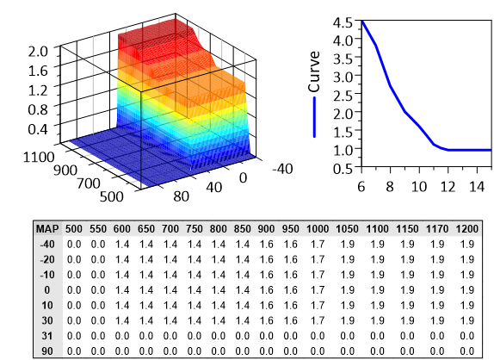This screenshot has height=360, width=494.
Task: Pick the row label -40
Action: (x=46, y=245)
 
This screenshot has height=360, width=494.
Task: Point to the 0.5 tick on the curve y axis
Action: (x=343, y=168)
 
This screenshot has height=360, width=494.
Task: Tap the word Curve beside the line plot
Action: (x=314, y=76)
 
